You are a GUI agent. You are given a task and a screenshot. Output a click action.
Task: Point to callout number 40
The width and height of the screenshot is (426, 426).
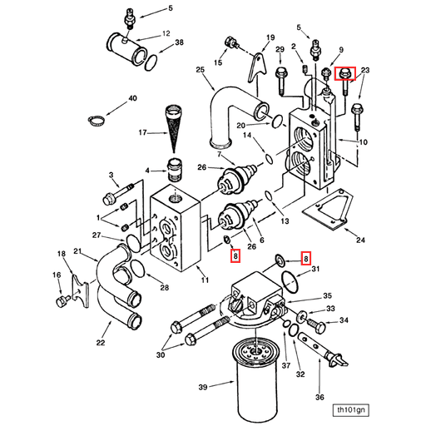[x=132, y=99]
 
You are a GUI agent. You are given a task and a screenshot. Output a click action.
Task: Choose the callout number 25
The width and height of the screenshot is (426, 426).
[x=201, y=71]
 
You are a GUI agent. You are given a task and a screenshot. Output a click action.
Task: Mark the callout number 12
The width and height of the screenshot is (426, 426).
[x=166, y=33]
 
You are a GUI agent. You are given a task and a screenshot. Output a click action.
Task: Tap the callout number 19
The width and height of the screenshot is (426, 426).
[x=270, y=37]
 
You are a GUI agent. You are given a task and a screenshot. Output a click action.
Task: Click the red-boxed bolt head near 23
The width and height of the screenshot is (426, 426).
[x=344, y=74]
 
